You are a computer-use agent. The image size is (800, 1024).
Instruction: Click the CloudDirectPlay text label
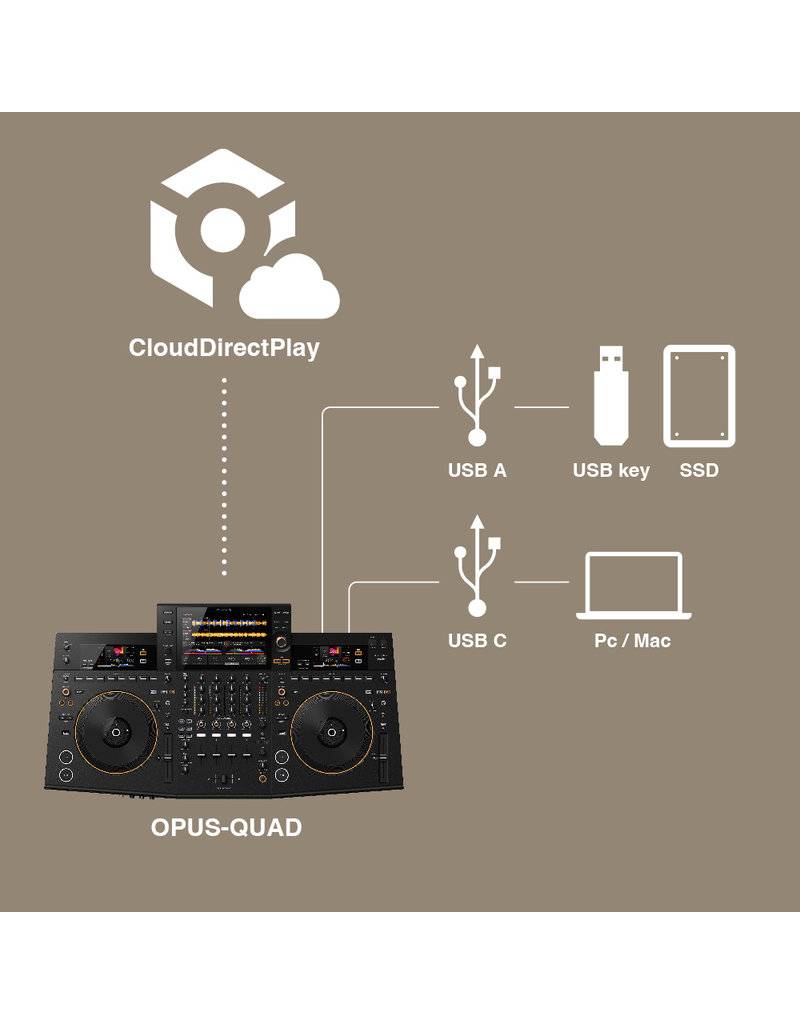point(224,348)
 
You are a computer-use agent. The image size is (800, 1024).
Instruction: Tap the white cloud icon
point(290,291)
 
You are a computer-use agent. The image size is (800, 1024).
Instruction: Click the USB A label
point(477,470)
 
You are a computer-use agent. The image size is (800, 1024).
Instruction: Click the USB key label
point(611,470)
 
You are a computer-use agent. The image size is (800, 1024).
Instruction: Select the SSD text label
point(699,470)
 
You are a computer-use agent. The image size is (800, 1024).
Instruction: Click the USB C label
point(477,640)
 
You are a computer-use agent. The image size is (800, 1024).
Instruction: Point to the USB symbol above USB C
point(477,567)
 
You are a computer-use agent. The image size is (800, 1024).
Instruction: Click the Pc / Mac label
point(633,640)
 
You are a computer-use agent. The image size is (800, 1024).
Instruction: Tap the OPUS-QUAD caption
point(226,828)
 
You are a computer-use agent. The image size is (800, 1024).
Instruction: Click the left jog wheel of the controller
point(114,732)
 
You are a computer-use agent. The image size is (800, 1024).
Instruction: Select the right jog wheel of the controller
point(335,732)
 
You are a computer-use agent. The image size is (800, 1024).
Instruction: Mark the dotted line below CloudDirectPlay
point(224,476)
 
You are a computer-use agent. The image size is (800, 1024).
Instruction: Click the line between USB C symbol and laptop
point(540,581)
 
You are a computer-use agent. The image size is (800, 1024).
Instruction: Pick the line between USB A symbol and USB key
point(540,408)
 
